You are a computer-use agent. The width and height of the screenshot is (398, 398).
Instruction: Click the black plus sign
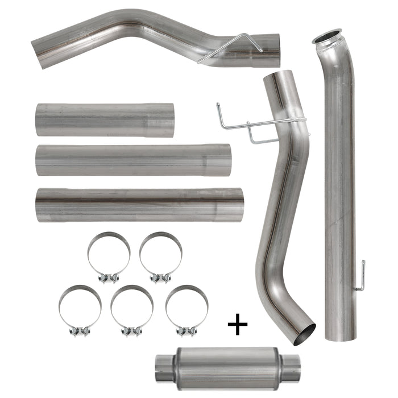[x=238, y=325]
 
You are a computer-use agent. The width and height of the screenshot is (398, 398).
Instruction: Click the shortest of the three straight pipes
[x=104, y=119]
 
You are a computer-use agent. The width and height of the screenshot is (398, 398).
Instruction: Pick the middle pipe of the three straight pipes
[x=133, y=160]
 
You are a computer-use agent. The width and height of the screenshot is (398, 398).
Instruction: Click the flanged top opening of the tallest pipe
[x=327, y=37]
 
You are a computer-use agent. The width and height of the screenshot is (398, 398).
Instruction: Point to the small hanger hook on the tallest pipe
[x=360, y=279]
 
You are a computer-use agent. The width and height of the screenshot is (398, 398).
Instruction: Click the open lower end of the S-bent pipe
[x=304, y=333]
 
